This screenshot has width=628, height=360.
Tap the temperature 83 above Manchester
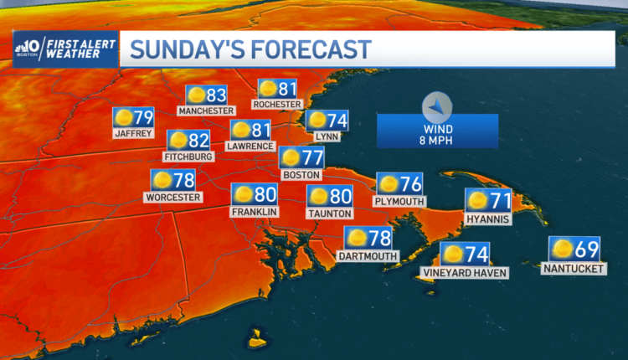tap(217, 95)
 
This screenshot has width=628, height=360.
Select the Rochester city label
tap(277, 104)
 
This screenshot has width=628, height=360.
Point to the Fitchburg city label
tap(190, 156)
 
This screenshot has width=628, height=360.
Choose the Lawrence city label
tap(252, 146)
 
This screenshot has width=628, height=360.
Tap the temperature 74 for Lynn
tap(337, 120)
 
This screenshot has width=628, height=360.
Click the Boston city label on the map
tap(301, 174)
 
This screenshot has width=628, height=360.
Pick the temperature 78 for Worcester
tap(184, 180)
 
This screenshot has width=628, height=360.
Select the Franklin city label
tap(254, 212)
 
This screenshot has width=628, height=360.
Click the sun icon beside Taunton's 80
tap(318, 197)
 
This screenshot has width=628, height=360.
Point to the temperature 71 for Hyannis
tap(500, 200)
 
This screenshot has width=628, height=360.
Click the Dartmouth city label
tap(368, 255)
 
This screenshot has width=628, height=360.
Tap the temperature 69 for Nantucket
tap(587, 249)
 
